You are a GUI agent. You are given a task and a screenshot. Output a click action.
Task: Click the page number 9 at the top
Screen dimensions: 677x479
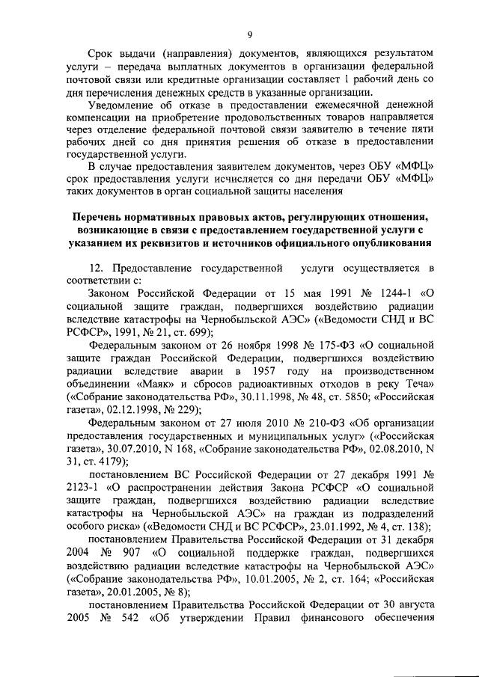250,33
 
